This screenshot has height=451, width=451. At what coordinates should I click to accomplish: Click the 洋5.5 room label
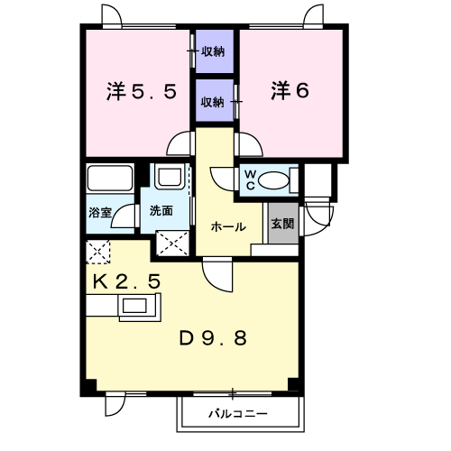click(x=142, y=91)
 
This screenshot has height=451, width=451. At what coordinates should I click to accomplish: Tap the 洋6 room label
click(x=290, y=90)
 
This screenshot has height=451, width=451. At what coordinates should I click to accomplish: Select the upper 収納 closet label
click(x=213, y=51)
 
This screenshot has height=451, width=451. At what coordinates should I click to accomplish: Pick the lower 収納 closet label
click(x=213, y=103)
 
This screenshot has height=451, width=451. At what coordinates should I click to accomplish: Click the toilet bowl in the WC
click(x=273, y=180)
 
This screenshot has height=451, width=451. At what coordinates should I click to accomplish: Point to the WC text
click(x=250, y=180)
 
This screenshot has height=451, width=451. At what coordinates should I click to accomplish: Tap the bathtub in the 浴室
click(x=110, y=178)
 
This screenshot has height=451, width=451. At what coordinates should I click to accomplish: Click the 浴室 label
click(x=100, y=213)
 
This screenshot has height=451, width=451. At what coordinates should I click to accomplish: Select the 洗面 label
click(x=161, y=211)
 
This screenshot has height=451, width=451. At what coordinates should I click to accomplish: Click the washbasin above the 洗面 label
click(x=170, y=177)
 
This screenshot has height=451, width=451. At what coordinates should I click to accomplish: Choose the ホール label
click(x=228, y=226)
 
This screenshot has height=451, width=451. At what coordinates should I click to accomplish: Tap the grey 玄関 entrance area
click(x=283, y=223)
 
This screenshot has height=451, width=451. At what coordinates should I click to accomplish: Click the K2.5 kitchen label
click(x=126, y=281)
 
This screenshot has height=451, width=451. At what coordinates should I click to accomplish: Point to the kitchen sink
click(x=134, y=307)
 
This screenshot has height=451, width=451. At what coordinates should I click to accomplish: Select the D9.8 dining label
click(x=213, y=338)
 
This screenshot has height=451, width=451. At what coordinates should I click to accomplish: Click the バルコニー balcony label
click(x=238, y=414)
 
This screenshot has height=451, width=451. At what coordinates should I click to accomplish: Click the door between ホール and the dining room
click(x=217, y=274)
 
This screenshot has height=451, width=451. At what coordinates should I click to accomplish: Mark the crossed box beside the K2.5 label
click(x=98, y=252)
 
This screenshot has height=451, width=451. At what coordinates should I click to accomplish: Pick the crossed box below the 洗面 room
click(x=173, y=244)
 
